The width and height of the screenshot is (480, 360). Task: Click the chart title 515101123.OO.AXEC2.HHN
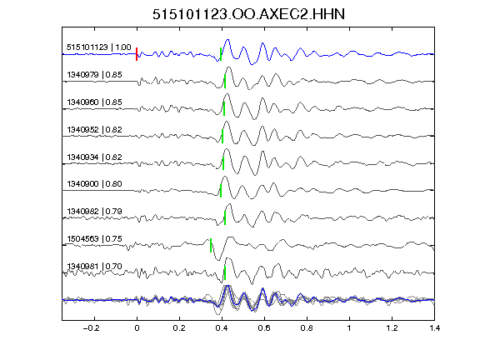click(248, 14)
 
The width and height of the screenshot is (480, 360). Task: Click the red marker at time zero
click(137, 54)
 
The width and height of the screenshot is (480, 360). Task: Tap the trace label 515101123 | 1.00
click(99, 47)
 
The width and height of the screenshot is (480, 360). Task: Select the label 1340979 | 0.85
click(95, 75)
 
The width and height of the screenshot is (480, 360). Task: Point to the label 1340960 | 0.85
click(95, 102)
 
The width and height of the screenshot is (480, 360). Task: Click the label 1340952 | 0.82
click(95, 129)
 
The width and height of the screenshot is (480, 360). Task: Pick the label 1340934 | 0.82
click(95, 157)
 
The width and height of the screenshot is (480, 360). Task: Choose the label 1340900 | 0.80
click(95, 183)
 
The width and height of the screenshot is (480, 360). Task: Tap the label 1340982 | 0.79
click(95, 211)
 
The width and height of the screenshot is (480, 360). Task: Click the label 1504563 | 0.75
click(95, 239)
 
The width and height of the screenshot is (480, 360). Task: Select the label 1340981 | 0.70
click(95, 267)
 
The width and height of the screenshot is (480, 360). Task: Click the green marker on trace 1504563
click(211, 245)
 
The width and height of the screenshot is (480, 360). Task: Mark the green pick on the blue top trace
click(221, 54)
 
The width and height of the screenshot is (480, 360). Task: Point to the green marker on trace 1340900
click(221, 191)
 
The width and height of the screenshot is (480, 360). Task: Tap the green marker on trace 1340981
click(225, 272)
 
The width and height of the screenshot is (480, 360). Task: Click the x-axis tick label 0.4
click(222, 328)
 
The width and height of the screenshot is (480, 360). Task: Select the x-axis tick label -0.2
click(92, 328)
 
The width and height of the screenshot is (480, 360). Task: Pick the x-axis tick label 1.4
click(434, 328)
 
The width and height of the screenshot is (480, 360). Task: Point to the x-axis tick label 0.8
click(307, 328)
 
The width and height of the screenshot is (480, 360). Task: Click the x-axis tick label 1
click(349, 328)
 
